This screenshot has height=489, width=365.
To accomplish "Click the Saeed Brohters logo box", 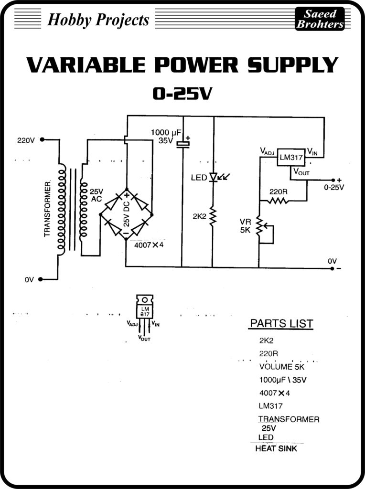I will click(x=320, y=19).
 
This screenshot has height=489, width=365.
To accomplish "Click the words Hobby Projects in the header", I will click(x=98, y=20).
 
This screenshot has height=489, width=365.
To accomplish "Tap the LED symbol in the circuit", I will click(x=214, y=177).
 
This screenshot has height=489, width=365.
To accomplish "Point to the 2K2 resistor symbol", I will click(x=213, y=217).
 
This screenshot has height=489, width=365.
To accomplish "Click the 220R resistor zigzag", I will click(x=278, y=201).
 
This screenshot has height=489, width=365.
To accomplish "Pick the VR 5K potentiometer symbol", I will click(x=260, y=227).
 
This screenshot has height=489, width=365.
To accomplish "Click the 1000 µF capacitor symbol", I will click(x=182, y=144).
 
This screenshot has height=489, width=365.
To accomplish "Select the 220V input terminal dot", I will click(x=42, y=140).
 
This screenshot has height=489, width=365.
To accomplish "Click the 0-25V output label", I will click(x=333, y=187).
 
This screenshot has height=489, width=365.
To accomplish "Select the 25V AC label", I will click(x=96, y=195).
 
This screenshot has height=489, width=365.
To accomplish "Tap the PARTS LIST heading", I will click(x=281, y=323).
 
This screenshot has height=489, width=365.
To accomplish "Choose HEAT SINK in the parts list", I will click(x=276, y=448).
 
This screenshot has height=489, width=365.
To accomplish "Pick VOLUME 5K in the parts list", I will click(x=281, y=367).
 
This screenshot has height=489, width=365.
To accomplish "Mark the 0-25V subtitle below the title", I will click(x=182, y=94).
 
